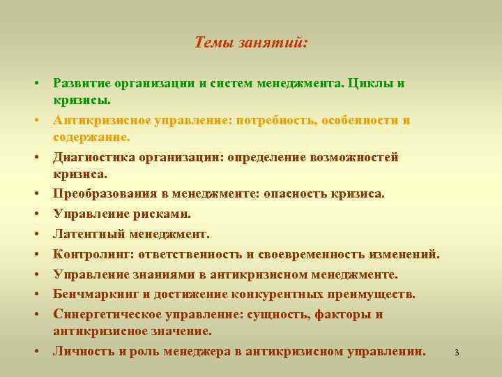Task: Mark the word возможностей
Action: (x=351, y=157)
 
